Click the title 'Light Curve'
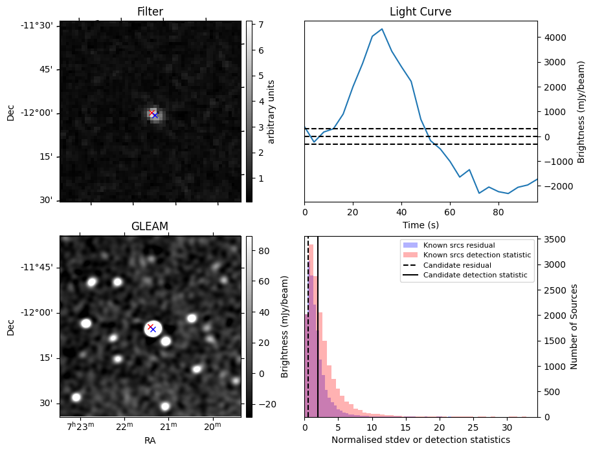click(x=420, y=12)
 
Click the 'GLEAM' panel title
click(x=150, y=226)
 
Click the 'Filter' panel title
click(x=150, y=12)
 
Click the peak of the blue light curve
click(x=382, y=29)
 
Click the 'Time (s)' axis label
click(x=420, y=224)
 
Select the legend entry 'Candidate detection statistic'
click(x=475, y=275)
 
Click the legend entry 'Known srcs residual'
click(x=458, y=245)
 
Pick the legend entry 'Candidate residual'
click(x=457, y=265)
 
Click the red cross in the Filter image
click(x=152, y=113)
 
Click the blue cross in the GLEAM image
click(x=153, y=330)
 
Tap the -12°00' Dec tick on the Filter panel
click(x=39, y=113)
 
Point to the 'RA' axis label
click(x=150, y=440)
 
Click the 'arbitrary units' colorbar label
click(x=271, y=111)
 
